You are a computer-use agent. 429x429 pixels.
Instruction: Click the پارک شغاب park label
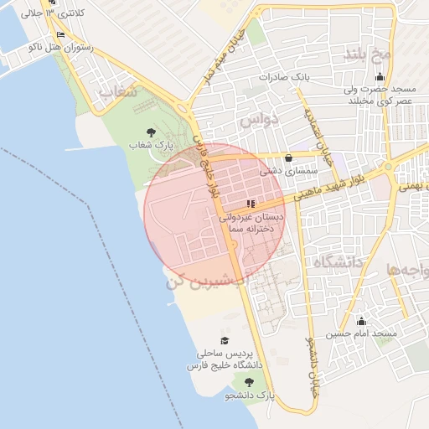pyautogui.click(x=151, y=145)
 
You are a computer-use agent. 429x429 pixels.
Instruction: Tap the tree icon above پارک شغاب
pyautogui.click(x=151, y=132)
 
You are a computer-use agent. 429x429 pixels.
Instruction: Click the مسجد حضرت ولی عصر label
pyautogui.click(x=379, y=94)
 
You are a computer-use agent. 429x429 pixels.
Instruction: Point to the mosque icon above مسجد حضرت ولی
pyautogui.click(x=380, y=77)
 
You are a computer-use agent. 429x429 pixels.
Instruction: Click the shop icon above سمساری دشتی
pyautogui.click(x=289, y=158)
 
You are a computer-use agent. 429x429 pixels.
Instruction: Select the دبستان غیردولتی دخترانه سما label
pyautogui.click(x=251, y=222)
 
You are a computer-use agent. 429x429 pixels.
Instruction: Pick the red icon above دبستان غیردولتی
pyautogui.click(x=251, y=203)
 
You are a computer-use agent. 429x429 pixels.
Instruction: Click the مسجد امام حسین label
pyautogui.click(x=361, y=334)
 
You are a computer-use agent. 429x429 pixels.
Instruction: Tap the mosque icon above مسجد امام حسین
pyautogui.click(x=362, y=321)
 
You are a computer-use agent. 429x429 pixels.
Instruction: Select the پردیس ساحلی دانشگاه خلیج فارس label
pyautogui.click(x=225, y=359)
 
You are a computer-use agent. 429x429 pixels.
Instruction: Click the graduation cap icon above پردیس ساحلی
pyautogui.click(x=224, y=340)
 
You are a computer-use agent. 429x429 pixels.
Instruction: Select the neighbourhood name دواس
pyautogui.click(x=257, y=121)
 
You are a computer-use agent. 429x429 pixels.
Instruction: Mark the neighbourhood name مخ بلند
pyautogui.click(x=368, y=54)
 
